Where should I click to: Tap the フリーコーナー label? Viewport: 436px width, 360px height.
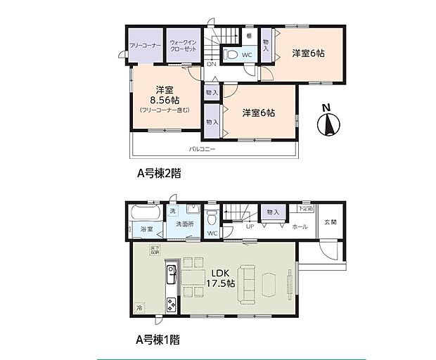point(146,45)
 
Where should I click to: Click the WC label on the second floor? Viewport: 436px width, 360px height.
point(247,55)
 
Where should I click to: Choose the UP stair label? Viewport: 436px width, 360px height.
point(250,226)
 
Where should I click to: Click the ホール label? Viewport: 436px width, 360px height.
point(300,226)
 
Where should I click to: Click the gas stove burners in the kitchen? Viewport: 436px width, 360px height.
point(171,303)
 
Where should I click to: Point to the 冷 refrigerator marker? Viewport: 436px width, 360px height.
point(139,307)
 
